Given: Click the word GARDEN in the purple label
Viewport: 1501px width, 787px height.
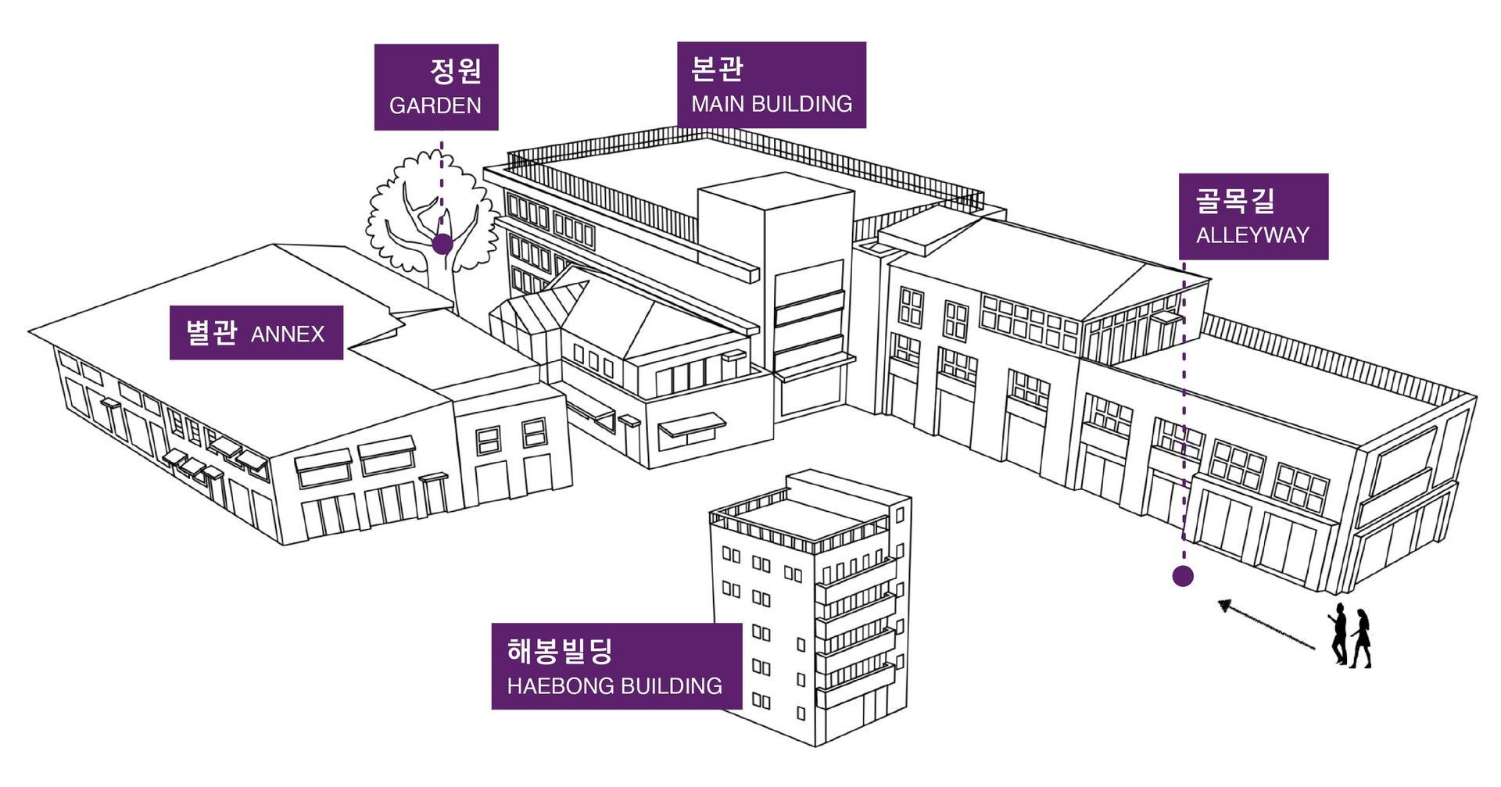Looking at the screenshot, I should [435, 106].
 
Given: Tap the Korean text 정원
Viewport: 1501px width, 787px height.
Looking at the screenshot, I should [456, 71].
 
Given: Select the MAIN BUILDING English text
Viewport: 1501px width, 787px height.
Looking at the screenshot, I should [772, 104].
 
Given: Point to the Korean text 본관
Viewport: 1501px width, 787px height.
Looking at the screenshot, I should [717, 69].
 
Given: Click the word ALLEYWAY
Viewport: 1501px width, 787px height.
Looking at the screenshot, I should [1252, 235].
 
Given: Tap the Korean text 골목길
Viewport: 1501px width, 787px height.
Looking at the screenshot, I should [1234, 200].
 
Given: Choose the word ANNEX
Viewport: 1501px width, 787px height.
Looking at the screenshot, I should [287, 334].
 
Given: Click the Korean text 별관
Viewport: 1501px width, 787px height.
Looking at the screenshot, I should [211, 333].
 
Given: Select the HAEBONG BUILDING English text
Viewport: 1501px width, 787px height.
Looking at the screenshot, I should [614, 686].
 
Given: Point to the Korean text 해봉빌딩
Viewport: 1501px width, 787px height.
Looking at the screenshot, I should [560, 650].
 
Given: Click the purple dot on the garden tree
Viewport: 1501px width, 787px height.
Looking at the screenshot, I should [442, 245].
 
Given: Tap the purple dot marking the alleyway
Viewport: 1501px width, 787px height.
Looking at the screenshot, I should [1183, 577].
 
